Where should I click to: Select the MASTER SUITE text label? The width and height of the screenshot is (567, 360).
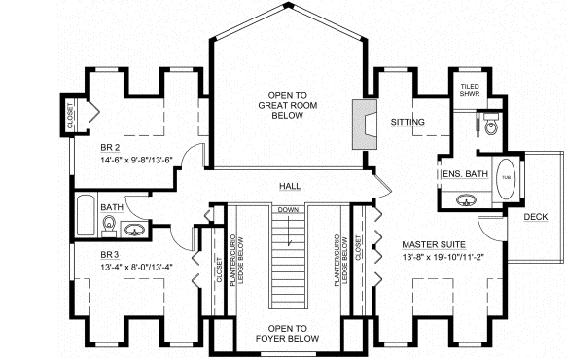point(433,244)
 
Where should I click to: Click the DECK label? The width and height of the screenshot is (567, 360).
point(535,217)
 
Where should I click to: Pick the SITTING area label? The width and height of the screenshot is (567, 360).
point(408,122)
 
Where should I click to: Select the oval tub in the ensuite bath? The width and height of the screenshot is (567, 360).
point(506,180)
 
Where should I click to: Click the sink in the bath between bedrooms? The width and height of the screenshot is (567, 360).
point(135,231)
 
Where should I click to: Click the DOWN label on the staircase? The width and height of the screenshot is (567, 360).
point(287,210)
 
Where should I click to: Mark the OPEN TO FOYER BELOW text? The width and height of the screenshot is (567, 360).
point(288,334)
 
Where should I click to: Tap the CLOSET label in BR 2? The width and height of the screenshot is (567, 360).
point(70,116)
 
